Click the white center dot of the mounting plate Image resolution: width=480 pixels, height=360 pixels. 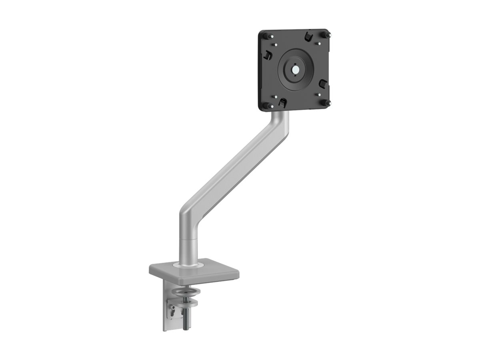[295, 69]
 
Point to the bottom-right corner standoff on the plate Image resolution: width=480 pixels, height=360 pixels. [328, 103]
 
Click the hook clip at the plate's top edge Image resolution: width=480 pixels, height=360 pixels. [308, 37]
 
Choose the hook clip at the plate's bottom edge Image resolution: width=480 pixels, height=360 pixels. [282, 102]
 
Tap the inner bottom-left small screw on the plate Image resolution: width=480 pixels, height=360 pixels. [274, 96]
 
